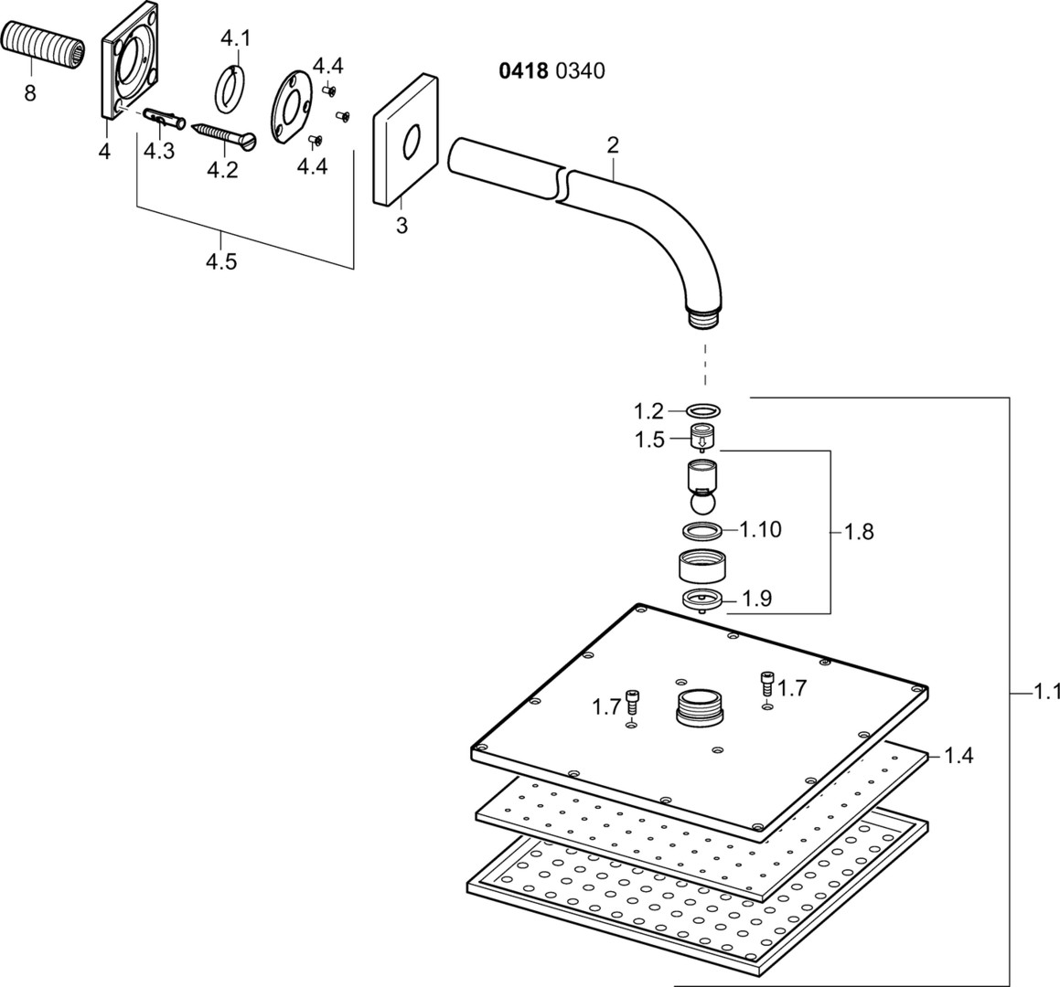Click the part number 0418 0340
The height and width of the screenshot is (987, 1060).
point(551,70)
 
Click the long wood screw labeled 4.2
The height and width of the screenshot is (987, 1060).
point(225,133)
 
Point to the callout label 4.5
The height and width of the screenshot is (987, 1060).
point(220,261)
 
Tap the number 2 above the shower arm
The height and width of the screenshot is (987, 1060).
point(612,144)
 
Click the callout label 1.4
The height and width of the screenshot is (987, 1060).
point(958,755)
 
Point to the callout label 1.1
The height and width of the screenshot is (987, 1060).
point(1041,693)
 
